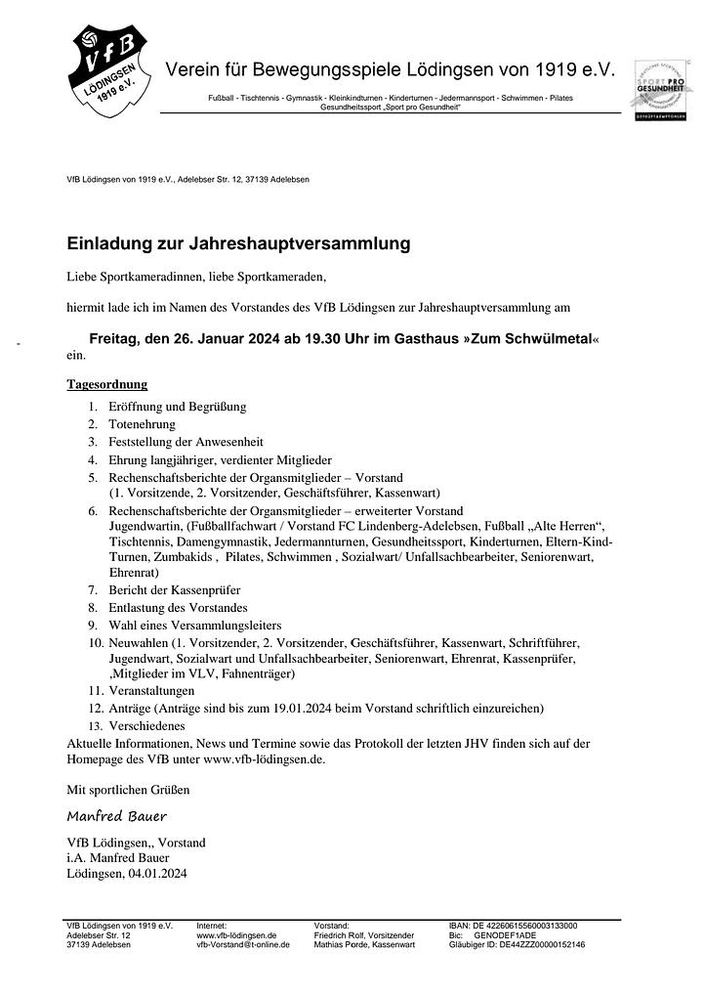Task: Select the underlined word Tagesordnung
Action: point(106,384)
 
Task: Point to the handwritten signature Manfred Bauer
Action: point(116,815)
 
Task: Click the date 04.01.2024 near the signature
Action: point(157,874)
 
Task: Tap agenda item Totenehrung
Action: point(142,424)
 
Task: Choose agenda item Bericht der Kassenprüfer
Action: point(174,589)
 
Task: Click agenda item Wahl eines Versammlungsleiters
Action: point(194,625)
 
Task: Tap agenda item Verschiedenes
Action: point(146,726)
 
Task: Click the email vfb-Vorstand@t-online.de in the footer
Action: point(243,945)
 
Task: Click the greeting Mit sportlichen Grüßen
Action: point(128,789)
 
